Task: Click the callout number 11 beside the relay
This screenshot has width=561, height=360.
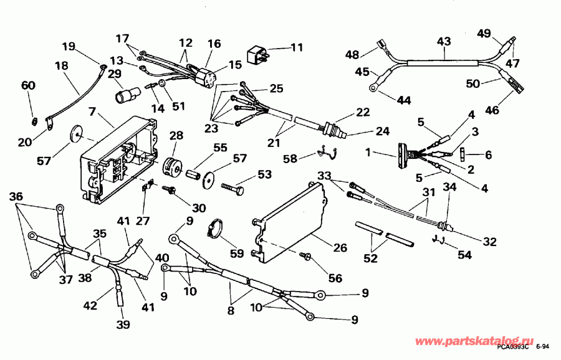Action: tap(296, 47)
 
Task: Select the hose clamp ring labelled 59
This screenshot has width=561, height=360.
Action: tap(218, 228)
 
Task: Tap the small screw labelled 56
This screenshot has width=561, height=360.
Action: tap(306, 256)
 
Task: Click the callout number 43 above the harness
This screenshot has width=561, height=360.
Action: tap(443, 40)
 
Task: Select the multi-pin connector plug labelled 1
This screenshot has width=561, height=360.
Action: tap(403, 153)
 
